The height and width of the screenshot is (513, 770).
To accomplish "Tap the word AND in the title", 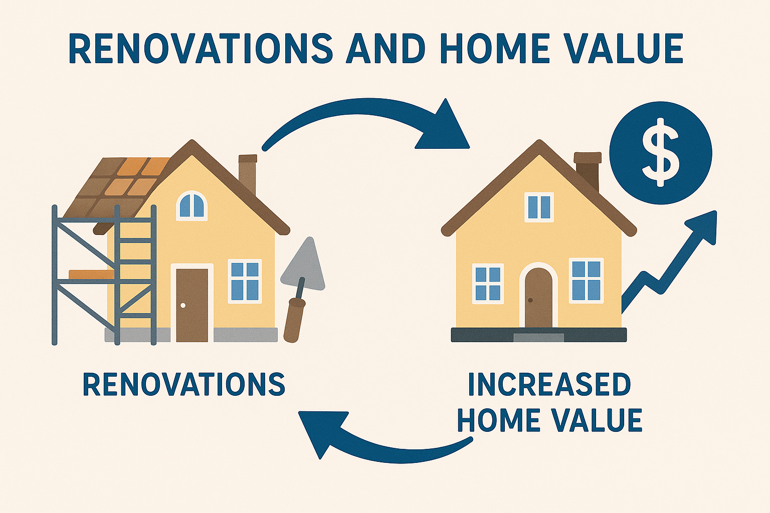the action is point(383,49).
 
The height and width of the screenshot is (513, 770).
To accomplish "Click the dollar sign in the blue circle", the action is point(660,153).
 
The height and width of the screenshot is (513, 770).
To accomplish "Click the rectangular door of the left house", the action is point(192,305).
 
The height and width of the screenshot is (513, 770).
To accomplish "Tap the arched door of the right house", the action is point(538,298).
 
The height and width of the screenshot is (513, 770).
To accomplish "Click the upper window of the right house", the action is point(539,207).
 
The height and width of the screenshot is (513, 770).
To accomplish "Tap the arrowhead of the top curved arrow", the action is point(444,128).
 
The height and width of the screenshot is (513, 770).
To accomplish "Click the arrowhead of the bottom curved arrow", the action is point(323,432).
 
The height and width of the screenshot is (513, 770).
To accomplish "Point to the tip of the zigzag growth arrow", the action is point(716,211).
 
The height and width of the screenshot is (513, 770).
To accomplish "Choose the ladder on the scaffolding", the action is point(135,275).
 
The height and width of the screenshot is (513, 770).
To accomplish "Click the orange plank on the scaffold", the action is point(91,274).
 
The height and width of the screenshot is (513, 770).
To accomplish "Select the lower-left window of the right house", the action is point(488,284).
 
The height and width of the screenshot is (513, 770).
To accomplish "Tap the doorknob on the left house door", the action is point(183,305).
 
